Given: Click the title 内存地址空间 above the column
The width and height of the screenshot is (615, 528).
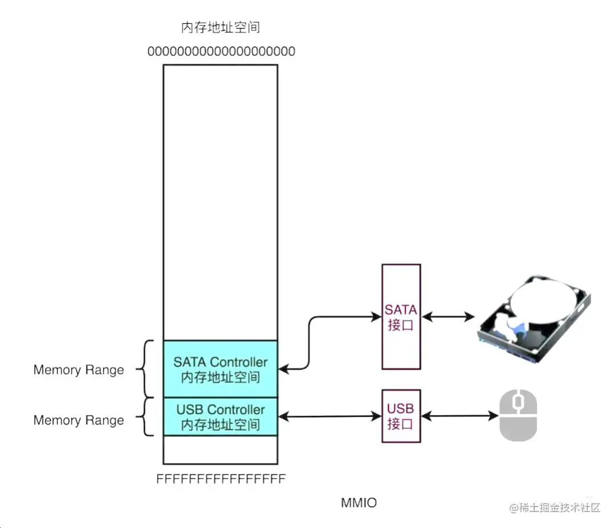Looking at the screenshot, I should (x=220, y=27).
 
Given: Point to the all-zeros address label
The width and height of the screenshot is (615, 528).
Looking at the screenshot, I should (x=221, y=52).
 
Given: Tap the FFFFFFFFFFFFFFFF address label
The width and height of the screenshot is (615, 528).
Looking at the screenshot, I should (x=221, y=480).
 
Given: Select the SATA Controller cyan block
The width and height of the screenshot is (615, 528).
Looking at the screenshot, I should (x=220, y=369).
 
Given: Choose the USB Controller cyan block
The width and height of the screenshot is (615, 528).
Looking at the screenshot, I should (x=220, y=416).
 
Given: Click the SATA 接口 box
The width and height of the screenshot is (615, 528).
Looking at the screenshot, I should (x=401, y=316).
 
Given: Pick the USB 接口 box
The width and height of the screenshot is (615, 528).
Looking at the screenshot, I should (x=401, y=416).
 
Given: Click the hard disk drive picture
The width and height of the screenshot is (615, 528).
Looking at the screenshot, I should (x=533, y=319).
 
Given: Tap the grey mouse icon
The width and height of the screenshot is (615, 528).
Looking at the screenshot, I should (x=518, y=416).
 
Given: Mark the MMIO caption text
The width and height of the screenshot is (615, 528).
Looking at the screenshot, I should (x=358, y=503).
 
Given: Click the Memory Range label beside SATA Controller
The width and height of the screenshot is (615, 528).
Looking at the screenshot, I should (x=79, y=370).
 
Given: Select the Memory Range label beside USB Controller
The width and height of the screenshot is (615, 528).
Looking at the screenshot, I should (x=79, y=420).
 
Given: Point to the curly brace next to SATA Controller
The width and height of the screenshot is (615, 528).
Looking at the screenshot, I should (x=147, y=369).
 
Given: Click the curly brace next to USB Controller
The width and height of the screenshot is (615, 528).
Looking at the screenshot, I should (x=147, y=417).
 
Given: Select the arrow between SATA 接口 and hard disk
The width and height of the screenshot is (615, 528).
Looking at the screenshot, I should (x=449, y=316).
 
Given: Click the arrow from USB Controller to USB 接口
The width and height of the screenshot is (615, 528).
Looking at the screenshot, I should (x=329, y=417).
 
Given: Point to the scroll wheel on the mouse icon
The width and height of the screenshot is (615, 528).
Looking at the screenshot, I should (x=518, y=402).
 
